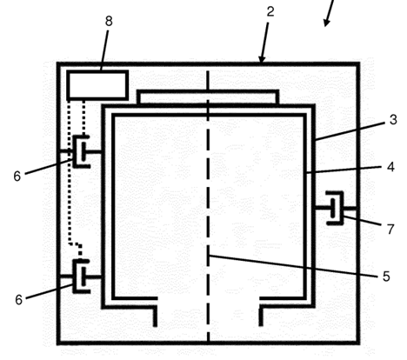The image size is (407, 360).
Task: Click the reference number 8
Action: [109, 21]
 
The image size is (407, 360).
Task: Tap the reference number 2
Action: [270, 12]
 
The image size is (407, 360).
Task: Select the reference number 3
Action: [393, 120]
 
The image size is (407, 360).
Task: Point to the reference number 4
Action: [390, 167]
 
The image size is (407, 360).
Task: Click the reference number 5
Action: [386, 277]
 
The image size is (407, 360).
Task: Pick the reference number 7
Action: [390, 229]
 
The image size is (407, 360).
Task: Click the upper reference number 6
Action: [17, 176]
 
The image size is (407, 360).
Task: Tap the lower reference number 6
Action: [18, 300]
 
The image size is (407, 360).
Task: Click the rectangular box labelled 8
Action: [97, 85]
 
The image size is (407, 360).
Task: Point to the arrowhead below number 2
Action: [262, 59]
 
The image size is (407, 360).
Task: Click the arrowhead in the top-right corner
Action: [327, 23]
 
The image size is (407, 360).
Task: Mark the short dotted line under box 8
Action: [83, 118]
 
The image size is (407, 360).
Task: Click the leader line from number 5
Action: [293, 266]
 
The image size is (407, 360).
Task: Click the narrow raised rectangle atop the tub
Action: [208, 97]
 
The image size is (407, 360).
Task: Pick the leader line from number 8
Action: [104, 50]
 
